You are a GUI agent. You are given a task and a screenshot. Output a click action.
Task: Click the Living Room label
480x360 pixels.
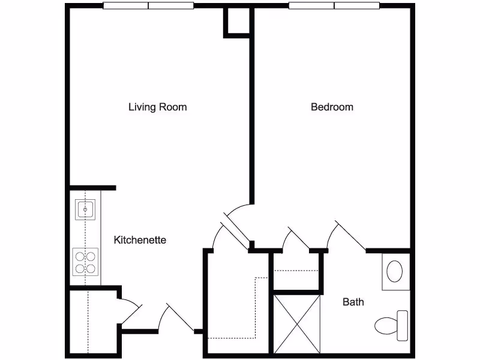pos(158,107)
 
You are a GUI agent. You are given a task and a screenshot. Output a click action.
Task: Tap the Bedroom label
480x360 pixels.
pos(332,107)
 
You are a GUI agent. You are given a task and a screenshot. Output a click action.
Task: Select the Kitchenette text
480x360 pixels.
pos(140,240)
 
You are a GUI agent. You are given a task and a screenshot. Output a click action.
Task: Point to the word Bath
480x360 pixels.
pos(353,302)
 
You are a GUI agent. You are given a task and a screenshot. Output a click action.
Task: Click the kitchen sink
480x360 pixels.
pos(84,209)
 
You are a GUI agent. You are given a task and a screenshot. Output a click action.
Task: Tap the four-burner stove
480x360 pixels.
pos(85,261)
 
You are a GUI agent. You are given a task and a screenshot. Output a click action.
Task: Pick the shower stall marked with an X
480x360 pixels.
pos(298,323)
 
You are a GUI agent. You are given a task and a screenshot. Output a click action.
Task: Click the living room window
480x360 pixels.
pos(148,7)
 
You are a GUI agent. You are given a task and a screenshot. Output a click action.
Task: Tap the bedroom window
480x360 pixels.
pos(334,7)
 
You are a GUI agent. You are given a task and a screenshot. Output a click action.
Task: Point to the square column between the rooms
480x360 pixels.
pos(236,22)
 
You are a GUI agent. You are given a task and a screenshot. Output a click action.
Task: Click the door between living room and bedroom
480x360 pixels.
pos(235,228)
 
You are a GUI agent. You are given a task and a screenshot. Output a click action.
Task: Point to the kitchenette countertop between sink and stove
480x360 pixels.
pos(85,235)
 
